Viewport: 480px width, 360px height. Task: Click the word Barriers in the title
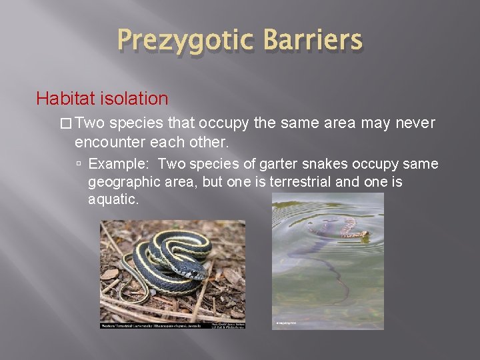tap(312, 40)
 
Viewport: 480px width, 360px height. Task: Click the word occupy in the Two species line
tap(226, 123)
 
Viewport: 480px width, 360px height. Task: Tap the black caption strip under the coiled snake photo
tap(172, 325)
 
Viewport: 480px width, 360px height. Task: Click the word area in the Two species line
tap(341, 123)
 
